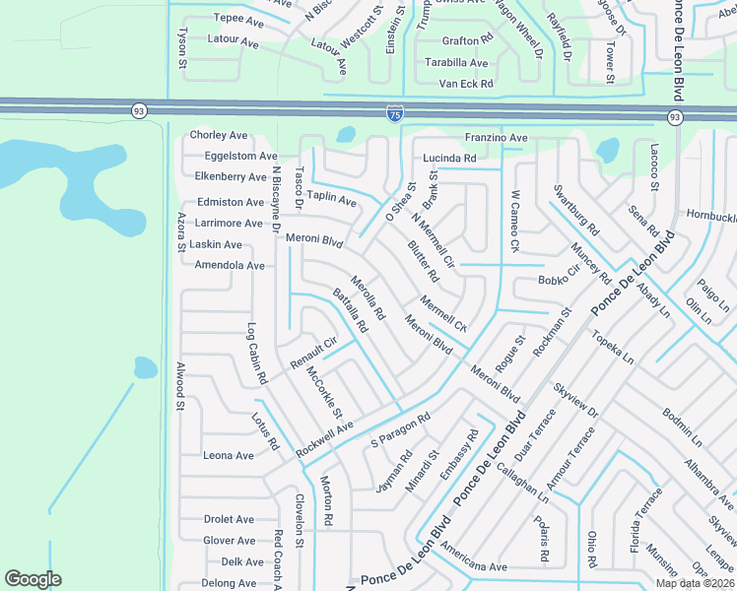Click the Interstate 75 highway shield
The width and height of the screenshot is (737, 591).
(x=394, y=115)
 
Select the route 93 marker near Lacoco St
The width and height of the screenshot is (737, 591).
(x=674, y=117)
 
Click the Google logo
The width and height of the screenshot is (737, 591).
(x=33, y=579)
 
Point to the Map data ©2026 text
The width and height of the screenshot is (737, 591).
(x=695, y=583)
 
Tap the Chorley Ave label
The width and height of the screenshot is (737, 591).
(x=219, y=135)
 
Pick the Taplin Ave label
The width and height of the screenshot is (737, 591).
(x=331, y=198)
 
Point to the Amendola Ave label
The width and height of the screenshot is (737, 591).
(x=230, y=266)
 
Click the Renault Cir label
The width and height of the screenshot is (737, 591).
(x=313, y=355)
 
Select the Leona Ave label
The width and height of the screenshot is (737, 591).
(x=229, y=456)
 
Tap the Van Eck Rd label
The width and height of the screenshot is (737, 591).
(x=465, y=84)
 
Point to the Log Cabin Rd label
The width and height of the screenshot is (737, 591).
(x=256, y=353)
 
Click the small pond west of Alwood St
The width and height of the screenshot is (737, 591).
(x=145, y=368)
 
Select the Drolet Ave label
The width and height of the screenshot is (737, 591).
(x=229, y=519)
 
